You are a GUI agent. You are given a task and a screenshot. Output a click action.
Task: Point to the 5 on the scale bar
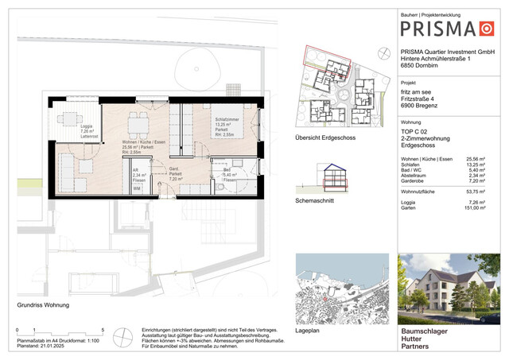102,329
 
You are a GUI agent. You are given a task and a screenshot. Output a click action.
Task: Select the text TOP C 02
414,129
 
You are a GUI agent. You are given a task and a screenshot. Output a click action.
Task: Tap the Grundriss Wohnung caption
43,305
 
